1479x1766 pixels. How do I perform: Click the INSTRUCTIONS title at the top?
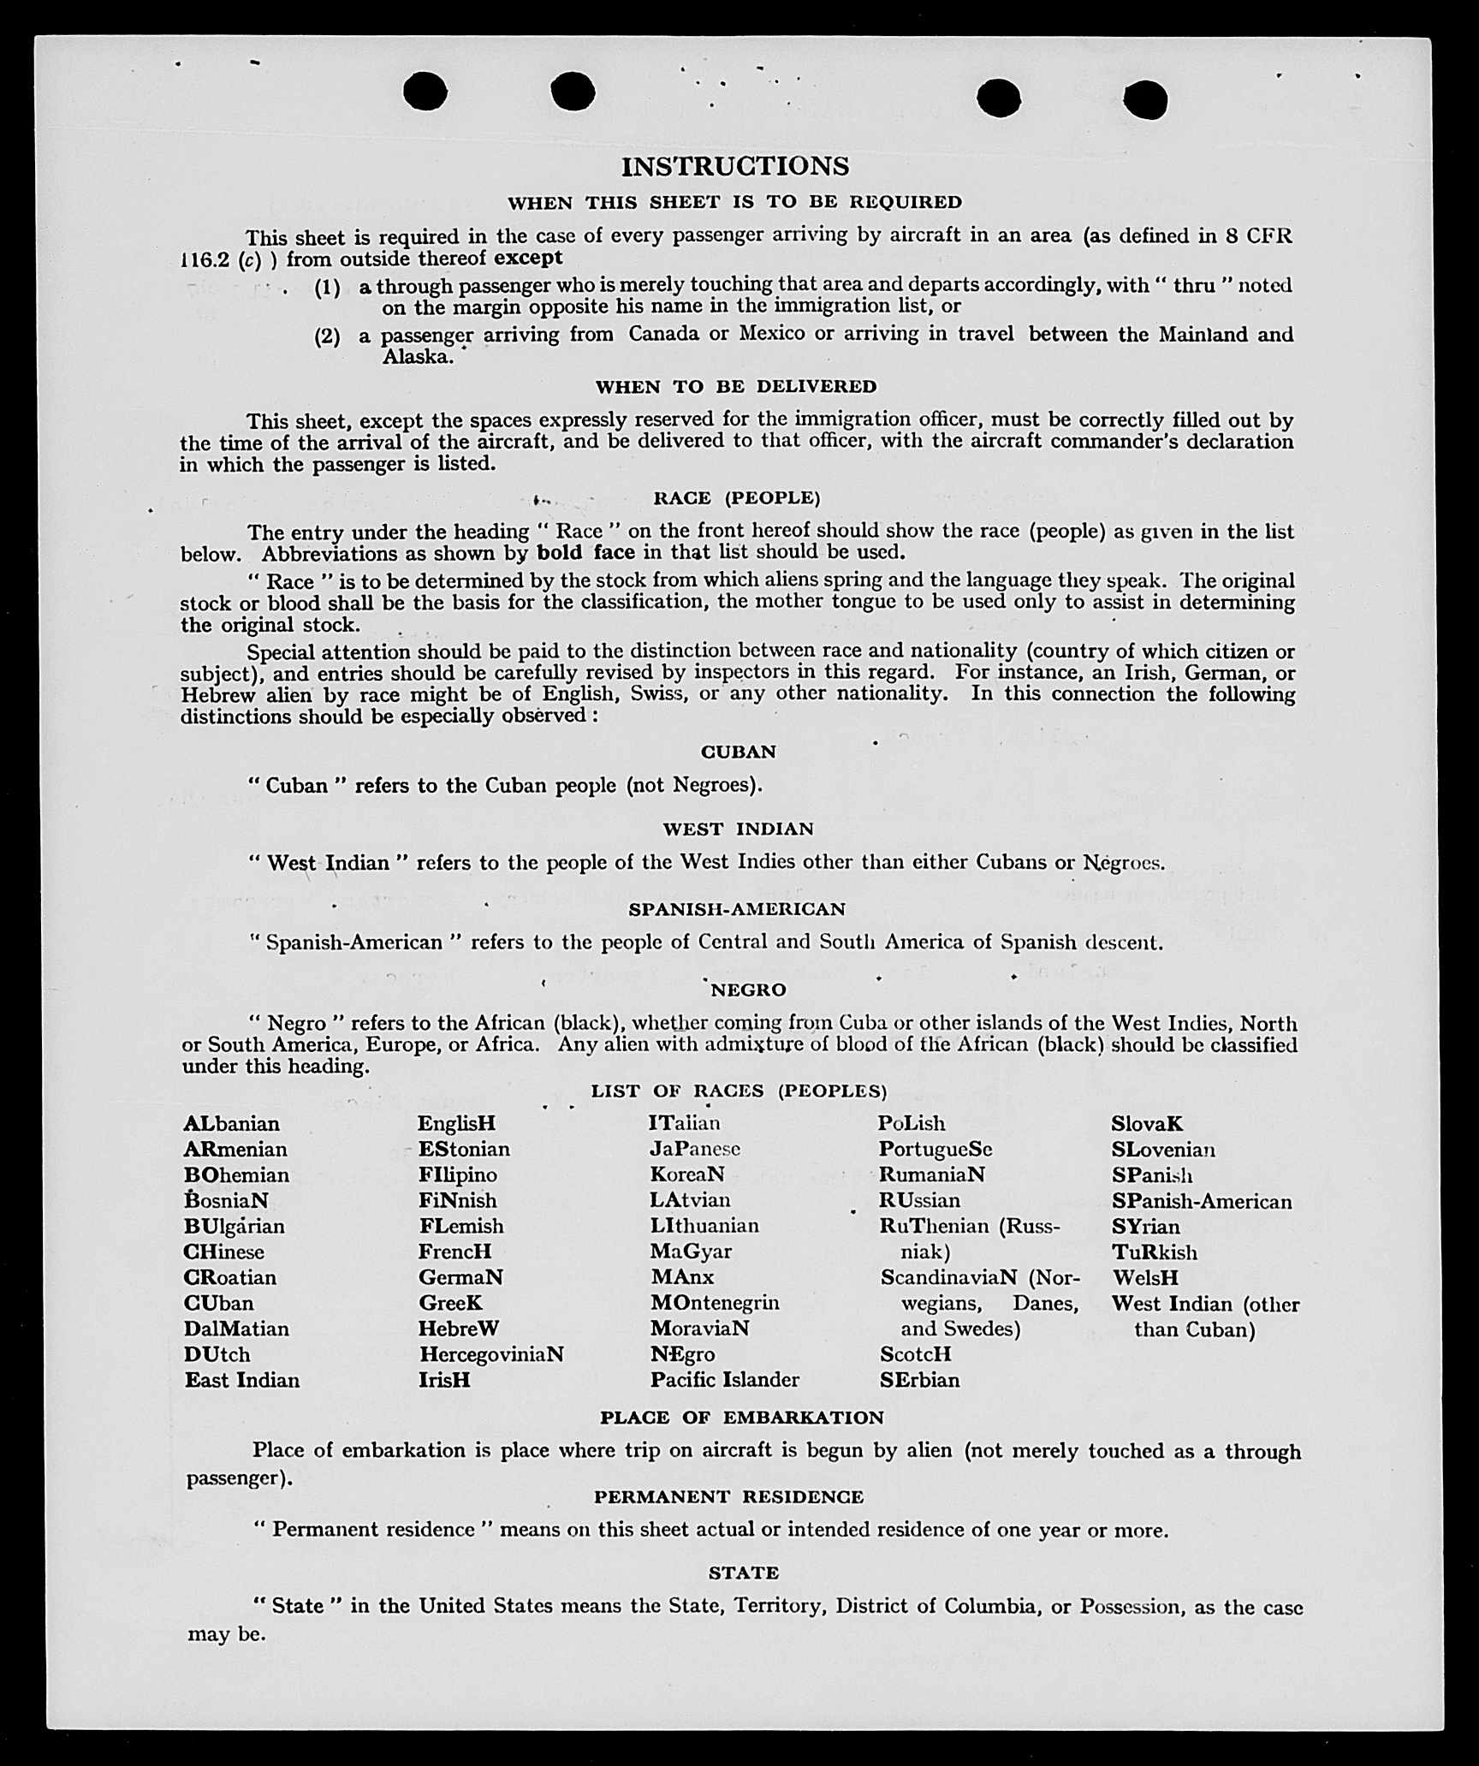(x=735, y=166)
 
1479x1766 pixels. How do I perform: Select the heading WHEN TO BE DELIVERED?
(x=736, y=387)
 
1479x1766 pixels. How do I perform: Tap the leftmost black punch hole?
(x=425, y=92)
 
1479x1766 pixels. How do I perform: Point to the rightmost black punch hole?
(x=1145, y=100)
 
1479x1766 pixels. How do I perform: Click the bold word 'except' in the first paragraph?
(x=528, y=258)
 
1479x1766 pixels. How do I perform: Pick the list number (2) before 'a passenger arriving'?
(x=327, y=336)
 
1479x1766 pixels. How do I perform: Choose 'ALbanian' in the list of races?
(x=231, y=1123)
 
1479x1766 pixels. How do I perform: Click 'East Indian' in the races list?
(x=242, y=1380)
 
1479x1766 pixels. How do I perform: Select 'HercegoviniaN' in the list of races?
(x=491, y=1354)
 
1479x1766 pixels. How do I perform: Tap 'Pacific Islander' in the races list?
(x=724, y=1380)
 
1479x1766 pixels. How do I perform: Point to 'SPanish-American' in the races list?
(x=1202, y=1202)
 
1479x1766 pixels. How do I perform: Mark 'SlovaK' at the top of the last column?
(x=1147, y=1123)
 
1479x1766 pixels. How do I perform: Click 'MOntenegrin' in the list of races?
(x=715, y=1303)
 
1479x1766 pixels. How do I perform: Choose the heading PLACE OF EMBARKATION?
(x=741, y=1418)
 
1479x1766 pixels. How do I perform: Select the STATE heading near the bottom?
(x=743, y=1573)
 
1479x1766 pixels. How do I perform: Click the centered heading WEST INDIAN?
(x=738, y=829)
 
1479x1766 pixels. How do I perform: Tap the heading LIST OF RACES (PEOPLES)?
(x=739, y=1091)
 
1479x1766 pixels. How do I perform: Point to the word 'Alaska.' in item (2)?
(x=418, y=357)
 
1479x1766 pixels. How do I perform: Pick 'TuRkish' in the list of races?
(x=1155, y=1252)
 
